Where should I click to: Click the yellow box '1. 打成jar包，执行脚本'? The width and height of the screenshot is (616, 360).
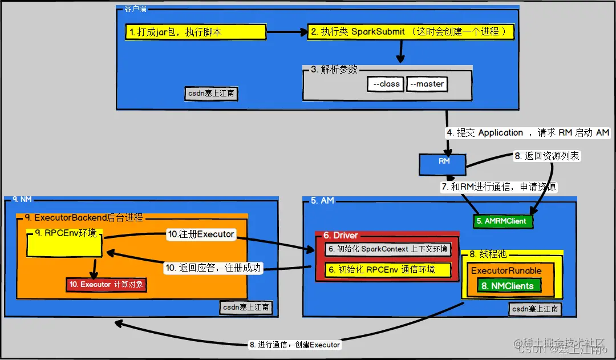click(x=196, y=32)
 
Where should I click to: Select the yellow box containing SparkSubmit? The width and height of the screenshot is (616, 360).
click(x=410, y=32)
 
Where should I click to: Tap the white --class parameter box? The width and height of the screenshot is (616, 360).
click(x=386, y=84)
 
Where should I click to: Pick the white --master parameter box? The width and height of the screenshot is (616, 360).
click(x=427, y=84)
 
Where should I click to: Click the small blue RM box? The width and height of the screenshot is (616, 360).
click(x=444, y=164)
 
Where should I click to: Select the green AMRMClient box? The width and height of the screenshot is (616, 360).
click(x=503, y=221)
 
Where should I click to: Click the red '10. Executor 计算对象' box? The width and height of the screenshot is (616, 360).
click(x=106, y=284)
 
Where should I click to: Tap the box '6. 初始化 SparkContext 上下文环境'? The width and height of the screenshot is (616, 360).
click(x=388, y=249)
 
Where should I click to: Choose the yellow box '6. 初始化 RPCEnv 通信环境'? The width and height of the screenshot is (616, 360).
click(x=388, y=270)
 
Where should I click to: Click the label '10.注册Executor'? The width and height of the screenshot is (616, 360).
click(x=200, y=234)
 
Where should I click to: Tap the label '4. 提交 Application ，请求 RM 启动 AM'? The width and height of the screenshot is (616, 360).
click(x=528, y=133)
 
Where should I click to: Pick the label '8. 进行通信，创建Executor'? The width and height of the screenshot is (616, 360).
click(x=294, y=345)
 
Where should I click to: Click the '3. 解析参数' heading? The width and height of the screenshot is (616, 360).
click(x=334, y=69)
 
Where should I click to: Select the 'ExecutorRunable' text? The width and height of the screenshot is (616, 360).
click(x=506, y=270)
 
